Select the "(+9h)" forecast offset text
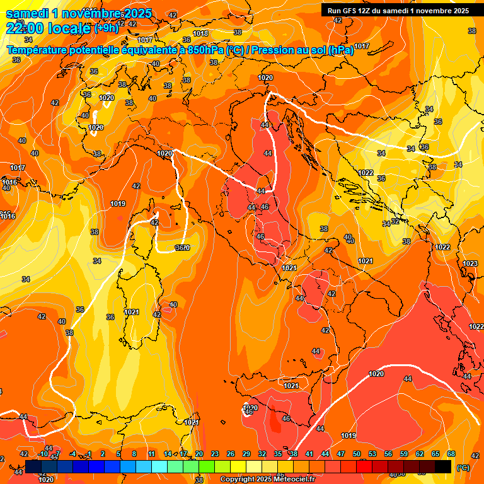[107, 28]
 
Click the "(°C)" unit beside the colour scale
[463, 468]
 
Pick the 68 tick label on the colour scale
[451, 454]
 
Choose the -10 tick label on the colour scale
[43, 454]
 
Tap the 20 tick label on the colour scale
[199, 454]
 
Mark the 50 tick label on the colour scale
[357, 454]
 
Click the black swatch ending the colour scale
[443, 466]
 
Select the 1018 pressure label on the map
[200, 33]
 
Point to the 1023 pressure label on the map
[470, 263]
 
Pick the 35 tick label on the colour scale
[278, 454]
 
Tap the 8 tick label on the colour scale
[134, 454]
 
